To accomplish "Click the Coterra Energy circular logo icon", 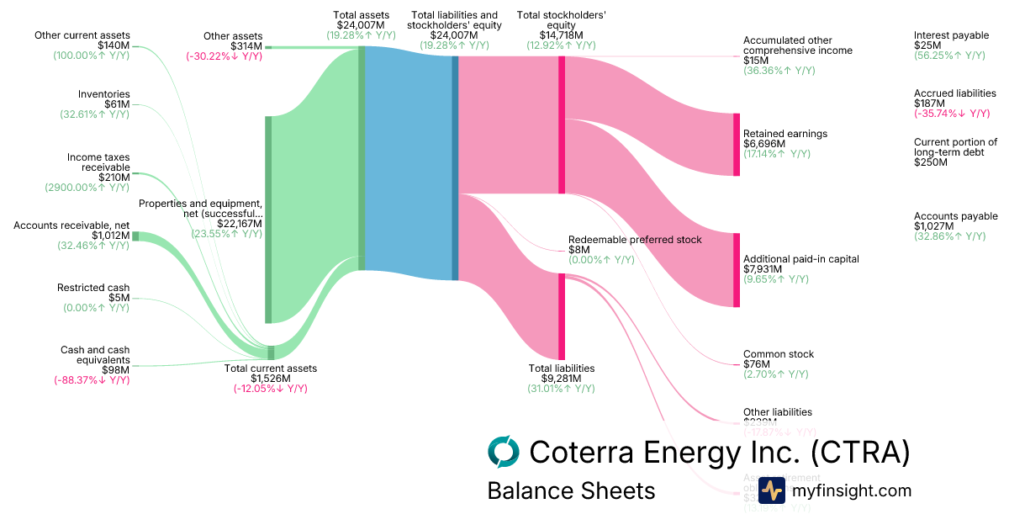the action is coord(504,452).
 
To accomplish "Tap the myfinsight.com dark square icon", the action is coord(772,490).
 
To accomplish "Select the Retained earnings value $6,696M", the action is coord(764,144).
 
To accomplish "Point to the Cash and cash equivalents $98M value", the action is coord(116,370).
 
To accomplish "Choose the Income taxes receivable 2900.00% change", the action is coord(87,188).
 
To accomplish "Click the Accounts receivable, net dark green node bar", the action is coord(135,236).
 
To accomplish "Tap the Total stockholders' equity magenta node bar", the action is coord(562,125).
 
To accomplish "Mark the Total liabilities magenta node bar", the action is coord(562,315).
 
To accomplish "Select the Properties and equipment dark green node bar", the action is coord(269,219).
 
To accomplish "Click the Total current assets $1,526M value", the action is coord(271,379).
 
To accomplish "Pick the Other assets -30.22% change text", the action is coord(224,56).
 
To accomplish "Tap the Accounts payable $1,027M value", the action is coord(934,226).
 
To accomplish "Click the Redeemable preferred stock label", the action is coord(635,240).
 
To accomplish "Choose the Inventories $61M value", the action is coord(117,104).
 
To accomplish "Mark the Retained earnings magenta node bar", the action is coord(737,145).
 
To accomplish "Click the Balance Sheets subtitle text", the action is coord(571,490).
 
